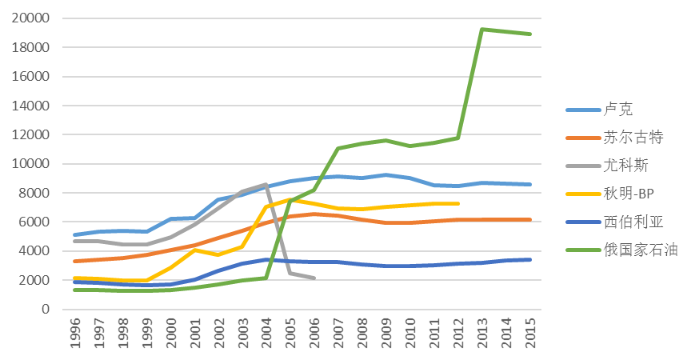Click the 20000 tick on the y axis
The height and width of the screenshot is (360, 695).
30,18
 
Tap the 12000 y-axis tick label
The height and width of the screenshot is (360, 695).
30,134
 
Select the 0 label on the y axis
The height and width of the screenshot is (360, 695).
46,309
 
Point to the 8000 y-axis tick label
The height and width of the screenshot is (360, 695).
34,193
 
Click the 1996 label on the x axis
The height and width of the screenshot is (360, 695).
74,333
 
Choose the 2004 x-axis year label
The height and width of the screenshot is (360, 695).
266,333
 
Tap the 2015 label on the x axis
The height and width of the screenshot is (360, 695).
529,333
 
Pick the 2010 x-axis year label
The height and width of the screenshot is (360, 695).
410,333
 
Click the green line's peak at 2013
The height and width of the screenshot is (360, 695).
481,30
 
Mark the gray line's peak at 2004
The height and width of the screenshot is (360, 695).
266,184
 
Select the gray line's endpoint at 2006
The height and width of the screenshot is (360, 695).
314,278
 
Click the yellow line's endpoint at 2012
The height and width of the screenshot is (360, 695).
457,203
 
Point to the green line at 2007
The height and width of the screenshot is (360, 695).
338,149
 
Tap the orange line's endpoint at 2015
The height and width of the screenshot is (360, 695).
529,219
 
